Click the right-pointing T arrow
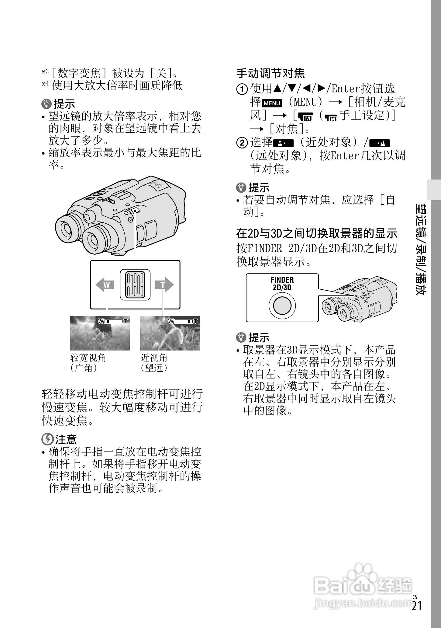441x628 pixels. [x=164, y=285]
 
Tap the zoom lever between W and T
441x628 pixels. [x=135, y=285]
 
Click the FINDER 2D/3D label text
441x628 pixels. [x=282, y=284]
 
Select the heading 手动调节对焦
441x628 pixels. [x=270, y=73]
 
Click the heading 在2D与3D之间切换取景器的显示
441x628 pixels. [x=317, y=234]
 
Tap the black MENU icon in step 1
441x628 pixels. [x=272, y=103]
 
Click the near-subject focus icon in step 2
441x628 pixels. [x=284, y=143]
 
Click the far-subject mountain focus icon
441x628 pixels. [x=380, y=143]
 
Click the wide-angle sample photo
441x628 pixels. [x=100, y=333]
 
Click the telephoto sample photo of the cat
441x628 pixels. [x=170, y=333]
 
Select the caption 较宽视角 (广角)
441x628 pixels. [x=88, y=362]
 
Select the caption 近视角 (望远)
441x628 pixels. [x=154, y=362]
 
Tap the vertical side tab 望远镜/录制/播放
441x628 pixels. [x=421, y=249]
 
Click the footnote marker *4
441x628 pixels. [x=45, y=85]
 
